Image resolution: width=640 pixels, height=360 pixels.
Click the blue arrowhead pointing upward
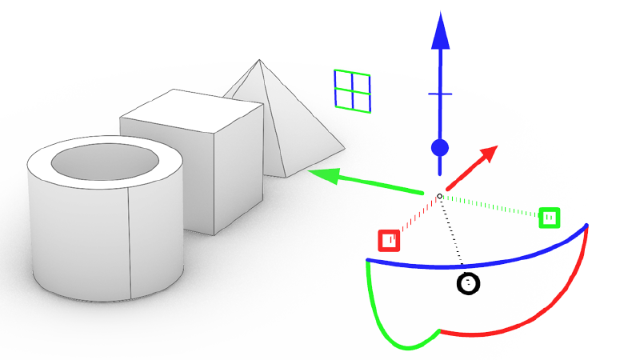[x=439, y=34]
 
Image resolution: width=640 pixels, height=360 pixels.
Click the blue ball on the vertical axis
[x=439, y=148]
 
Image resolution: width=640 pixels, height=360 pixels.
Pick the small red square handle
[x=389, y=240]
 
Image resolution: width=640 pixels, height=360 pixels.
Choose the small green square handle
[x=549, y=217]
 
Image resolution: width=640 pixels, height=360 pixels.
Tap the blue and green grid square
[x=352, y=90]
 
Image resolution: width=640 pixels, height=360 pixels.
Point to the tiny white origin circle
[x=439, y=196]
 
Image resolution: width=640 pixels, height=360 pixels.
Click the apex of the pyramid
[x=260, y=60]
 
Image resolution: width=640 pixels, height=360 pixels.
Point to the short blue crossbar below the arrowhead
[x=439, y=94]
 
